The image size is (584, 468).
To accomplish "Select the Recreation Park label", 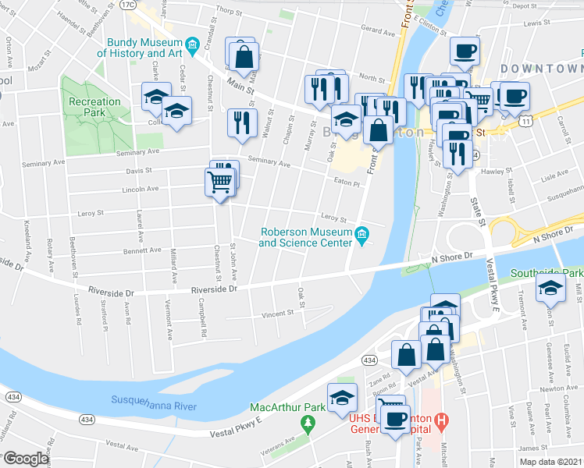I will tap(94, 107).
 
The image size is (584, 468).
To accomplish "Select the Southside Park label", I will tap(547, 274).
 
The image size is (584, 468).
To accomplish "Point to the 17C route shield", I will tap(127, 5).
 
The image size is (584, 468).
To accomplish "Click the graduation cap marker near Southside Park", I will tap(551, 289).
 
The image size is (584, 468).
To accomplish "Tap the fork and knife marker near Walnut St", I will tap(242, 122).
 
